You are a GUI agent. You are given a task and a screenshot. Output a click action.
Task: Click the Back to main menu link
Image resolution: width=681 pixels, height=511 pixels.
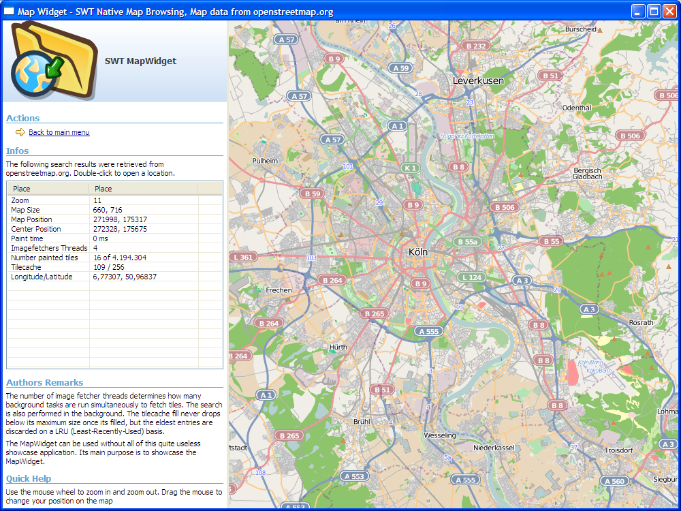pos(59,132)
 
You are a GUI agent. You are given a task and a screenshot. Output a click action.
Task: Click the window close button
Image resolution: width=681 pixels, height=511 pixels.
pos(669,11)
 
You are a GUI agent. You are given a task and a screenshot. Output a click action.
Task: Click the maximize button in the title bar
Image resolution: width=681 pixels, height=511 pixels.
pos(654,11)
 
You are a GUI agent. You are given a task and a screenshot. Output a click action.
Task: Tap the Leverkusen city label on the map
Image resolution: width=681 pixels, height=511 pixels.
pos(478,80)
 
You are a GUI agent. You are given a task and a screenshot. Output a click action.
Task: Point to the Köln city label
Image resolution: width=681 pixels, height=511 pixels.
pos(418,251)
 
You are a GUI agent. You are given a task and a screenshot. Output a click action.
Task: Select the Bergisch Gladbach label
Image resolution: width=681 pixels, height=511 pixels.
pos(587,173)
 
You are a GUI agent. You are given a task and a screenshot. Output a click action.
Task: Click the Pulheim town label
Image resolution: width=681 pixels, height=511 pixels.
pos(265,161)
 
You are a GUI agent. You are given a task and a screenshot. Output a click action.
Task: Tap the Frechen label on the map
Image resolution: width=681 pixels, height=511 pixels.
pos(279,290)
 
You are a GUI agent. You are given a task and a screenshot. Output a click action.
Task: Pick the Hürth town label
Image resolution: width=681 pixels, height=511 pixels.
pos(338,347)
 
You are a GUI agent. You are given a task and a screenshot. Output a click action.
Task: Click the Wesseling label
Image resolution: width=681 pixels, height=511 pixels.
pos(439,435)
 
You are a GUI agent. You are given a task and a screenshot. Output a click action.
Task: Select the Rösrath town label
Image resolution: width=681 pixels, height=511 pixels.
pos(642,322)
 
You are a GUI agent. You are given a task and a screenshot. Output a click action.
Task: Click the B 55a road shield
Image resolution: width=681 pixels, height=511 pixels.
pos(468,242)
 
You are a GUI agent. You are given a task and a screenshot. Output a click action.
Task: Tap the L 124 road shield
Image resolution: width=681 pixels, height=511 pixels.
pos(471,277)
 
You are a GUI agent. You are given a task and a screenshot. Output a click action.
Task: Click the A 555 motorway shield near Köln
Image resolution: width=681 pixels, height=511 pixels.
pos(429,331)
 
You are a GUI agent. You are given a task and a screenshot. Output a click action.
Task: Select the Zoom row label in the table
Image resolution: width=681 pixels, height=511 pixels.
pos(20,200)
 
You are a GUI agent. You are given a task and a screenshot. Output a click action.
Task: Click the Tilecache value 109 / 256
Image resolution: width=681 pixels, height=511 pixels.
pos(108,267)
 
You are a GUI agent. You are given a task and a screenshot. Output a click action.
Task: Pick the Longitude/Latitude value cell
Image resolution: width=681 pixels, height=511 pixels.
pos(125,277)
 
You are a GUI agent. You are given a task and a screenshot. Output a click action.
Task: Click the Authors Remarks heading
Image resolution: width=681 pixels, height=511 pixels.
pos(44,382)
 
